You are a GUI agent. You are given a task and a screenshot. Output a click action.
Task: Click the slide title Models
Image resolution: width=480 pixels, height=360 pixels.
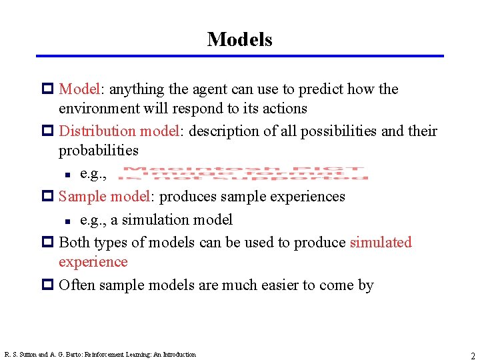[x=239, y=39]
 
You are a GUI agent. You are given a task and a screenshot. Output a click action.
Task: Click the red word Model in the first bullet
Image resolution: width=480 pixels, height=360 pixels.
[x=79, y=89]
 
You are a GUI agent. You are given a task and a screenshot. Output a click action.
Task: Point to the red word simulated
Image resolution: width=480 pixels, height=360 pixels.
[x=381, y=242]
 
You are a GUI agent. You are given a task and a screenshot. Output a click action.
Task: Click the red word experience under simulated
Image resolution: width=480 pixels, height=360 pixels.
[x=93, y=261]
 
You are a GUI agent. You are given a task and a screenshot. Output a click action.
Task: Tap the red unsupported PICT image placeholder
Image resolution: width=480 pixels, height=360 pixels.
[x=245, y=173]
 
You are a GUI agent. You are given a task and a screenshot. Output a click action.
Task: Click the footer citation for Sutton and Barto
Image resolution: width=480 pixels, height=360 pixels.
[x=100, y=355]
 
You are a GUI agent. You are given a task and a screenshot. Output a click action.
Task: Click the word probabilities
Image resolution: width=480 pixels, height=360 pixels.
[x=99, y=151]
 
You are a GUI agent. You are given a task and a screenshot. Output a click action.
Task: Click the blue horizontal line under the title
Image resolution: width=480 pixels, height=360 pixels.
[x=239, y=56]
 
